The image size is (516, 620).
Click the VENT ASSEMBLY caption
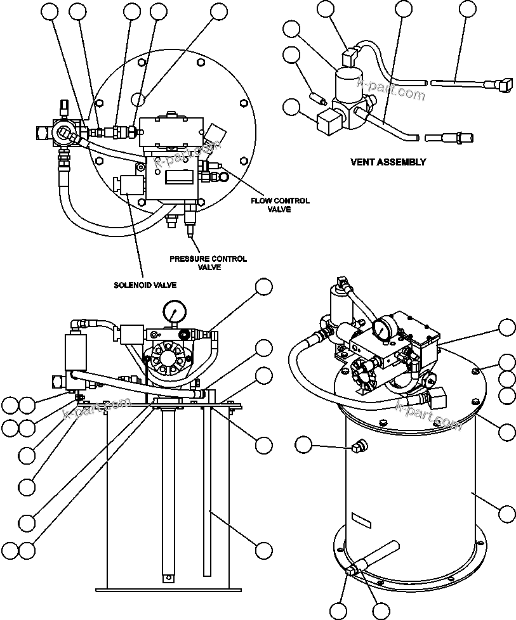point(388,162)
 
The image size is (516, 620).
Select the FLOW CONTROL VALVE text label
point(279,205)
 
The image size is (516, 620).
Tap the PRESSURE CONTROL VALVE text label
point(208,263)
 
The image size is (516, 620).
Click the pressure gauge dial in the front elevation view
point(173,311)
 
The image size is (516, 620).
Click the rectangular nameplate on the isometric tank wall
point(362,522)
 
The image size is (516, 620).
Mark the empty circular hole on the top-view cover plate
point(140,99)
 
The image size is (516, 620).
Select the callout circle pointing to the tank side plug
point(304,446)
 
